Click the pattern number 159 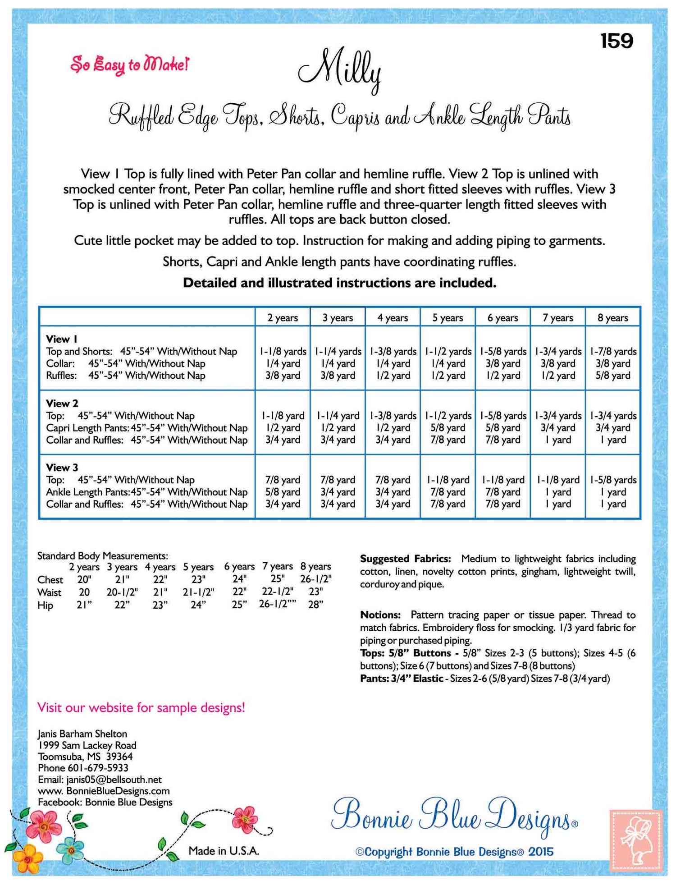(617, 41)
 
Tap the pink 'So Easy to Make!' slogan (129, 64)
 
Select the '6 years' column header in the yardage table (502, 318)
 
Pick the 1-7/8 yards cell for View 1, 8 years (613, 351)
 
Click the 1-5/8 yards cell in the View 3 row (613, 480)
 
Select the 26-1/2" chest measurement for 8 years (315, 579)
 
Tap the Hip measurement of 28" (315, 605)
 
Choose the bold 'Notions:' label (380, 615)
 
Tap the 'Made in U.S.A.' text (224, 851)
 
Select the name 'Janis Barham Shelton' (82, 734)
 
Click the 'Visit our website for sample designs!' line (141, 707)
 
